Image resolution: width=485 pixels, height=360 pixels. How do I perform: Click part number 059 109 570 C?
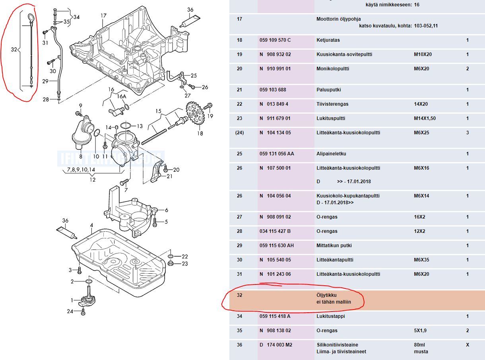[x=275, y=40]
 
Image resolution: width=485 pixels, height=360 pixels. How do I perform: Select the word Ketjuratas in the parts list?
[x=328, y=40]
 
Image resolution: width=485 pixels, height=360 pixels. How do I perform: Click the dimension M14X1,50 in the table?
[x=425, y=118]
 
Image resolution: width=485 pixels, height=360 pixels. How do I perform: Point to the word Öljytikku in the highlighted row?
[x=326, y=295]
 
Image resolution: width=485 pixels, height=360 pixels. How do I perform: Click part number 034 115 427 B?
[x=275, y=231]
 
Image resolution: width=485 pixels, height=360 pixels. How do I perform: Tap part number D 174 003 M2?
[x=275, y=345]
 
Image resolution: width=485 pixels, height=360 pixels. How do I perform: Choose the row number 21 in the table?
[x=239, y=90]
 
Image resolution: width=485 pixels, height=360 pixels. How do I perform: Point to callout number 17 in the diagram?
[x=103, y=16]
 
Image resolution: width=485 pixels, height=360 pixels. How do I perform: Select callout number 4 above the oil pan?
[x=91, y=225]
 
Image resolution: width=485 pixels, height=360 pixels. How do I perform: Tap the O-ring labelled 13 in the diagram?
[x=126, y=126]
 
